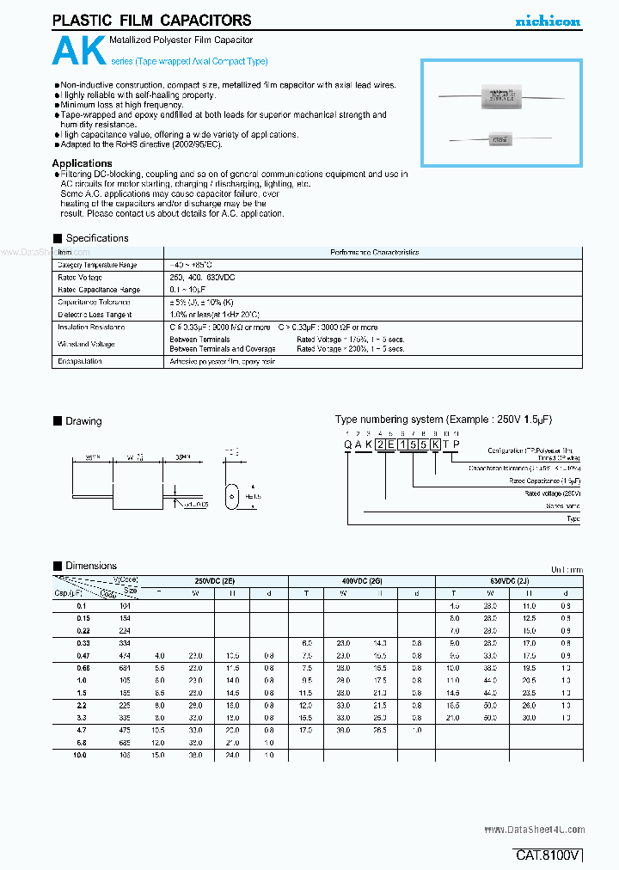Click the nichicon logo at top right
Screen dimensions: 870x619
tap(547, 21)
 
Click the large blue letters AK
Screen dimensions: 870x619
tap(79, 52)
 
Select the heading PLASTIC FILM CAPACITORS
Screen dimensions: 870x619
tap(151, 20)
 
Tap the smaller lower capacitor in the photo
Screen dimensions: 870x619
tap(498, 138)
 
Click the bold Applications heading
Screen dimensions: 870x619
tap(82, 163)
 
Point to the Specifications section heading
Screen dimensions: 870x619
tap(96, 238)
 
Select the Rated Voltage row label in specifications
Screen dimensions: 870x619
tap(80, 278)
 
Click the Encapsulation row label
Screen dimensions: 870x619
tap(80, 362)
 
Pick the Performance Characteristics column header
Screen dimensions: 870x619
tap(374, 253)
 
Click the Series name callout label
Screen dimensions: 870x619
tap(563, 506)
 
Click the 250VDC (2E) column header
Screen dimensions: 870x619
tap(213, 582)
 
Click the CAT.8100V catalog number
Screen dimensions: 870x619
tap(549, 855)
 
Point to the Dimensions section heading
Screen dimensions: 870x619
tap(90, 566)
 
